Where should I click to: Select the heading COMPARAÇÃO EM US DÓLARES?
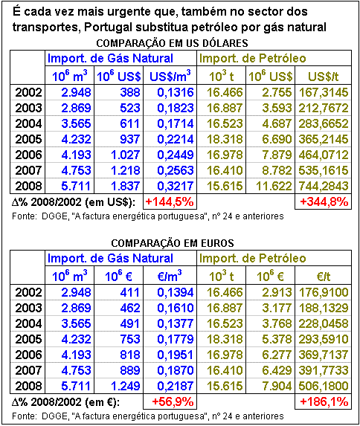[x=172, y=43]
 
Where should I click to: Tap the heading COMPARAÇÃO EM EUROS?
[x=173, y=243]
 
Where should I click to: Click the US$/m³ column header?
[x=170, y=76]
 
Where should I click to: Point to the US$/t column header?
[x=323, y=77]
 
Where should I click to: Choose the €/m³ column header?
[x=170, y=276]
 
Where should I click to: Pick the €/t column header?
[x=324, y=277]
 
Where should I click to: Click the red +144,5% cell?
[x=170, y=202]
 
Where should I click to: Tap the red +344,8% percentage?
[x=324, y=202]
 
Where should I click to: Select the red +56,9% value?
[x=173, y=401]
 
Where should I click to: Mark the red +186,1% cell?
[x=324, y=401]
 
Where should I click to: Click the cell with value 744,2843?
[x=324, y=186]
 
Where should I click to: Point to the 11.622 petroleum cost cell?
[x=274, y=186]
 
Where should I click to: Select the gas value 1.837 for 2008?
[x=125, y=186]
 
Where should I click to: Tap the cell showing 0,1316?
[x=176, y=93]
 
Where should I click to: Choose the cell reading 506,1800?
[x=324, y=386]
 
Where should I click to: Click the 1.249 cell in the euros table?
[x=125, y=386]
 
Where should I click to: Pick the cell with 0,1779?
[x=176, y=339]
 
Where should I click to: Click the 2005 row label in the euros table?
[x=28, y=339]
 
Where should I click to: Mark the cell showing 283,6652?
[x=324, y=124]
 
